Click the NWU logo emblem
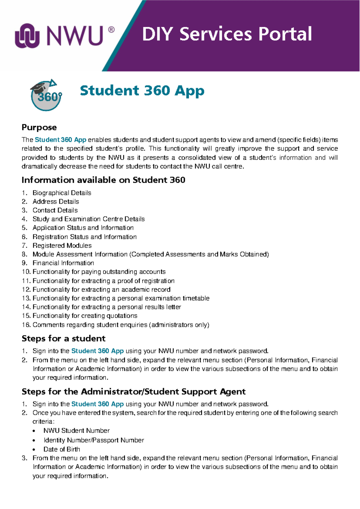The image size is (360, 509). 27,36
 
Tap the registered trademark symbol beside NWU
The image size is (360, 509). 111,30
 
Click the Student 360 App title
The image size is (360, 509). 142,91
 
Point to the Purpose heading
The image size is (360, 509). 39,128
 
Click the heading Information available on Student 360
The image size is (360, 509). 103,180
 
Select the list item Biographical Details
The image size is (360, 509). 62,193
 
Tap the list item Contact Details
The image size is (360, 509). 55,210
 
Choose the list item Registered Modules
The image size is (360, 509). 62,245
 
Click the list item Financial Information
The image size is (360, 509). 63,263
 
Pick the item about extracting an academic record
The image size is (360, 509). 101,290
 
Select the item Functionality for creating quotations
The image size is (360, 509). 85,316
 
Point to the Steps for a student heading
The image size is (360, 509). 63,339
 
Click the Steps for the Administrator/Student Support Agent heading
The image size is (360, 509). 133,392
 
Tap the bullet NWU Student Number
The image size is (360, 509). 76,431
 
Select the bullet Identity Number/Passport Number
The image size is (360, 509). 94,440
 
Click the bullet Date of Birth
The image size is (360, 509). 62,449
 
